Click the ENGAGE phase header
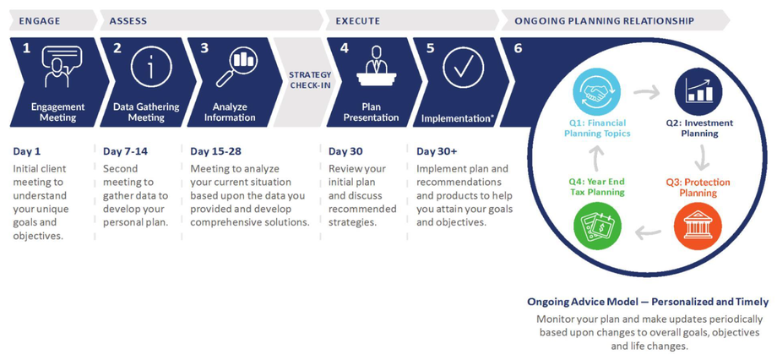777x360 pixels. point(40,21)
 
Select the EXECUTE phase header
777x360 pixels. point(358,21)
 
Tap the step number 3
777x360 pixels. point(204,49)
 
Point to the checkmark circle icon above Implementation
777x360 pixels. point(463,68)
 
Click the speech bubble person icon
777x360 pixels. point(62,67)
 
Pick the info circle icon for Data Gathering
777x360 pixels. point(151,67)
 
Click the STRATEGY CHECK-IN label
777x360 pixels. point(310,79)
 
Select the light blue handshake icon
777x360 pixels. point(596,92)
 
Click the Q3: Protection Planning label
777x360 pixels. point(698,188)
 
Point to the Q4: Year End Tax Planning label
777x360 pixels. point(595,188)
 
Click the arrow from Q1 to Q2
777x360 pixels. point(647,92)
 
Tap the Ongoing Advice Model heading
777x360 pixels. point(648,302)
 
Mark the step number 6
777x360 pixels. point(518,49)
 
